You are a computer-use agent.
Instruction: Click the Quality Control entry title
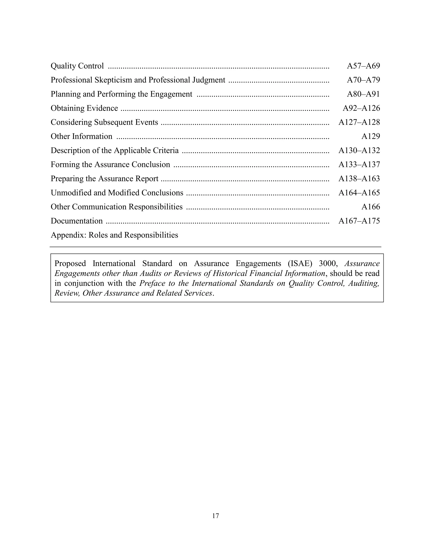pyautogui.click(x=77, y=66)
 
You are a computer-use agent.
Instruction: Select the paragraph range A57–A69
pyautogui.click(x=363, y=66)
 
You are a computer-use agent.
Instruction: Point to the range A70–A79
pyautogui.click(x=363, y=80)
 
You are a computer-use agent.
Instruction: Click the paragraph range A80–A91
pyautogui.click(x=363, y=94)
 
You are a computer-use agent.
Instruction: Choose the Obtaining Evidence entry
pyautogui.click(x=84, y=108)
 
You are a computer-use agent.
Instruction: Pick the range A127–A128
pyautogui.click(x=359, y=122)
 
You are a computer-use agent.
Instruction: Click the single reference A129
pyautogui.click(x=370, y=136)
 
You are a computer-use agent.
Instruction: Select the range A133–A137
pyautogui.click(x=359, y=164)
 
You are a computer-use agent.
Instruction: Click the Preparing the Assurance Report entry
pyautogui.click(x=104, y=178)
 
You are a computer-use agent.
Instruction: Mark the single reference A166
pyautogui.click(x=370, y=207)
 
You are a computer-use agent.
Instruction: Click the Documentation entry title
pyautogui.click(x=77, y=221)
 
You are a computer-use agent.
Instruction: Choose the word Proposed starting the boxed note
pyautogui.click(x=70, y=263)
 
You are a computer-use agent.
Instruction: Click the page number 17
pyautogui.click(x=215, y=516)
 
